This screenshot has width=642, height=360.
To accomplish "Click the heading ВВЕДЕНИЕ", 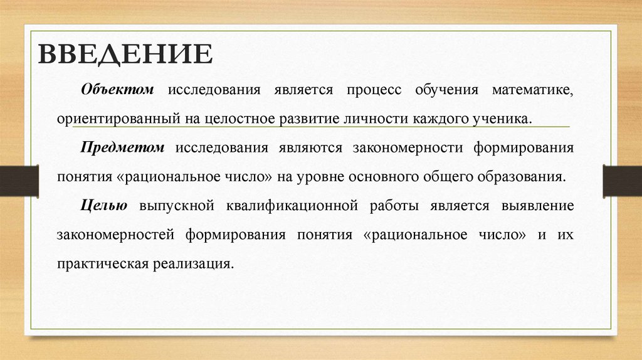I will pyautogui.click(x=125, y=54).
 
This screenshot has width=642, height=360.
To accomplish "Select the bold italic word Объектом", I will pyautogui.click(x=117, y=89).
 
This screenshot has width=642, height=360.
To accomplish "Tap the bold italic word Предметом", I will pyautogui.click(x=122, y=147).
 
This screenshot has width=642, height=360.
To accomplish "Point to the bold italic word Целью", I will pyautogui.click(x=104, y=205).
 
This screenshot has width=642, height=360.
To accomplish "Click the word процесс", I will pyautogui.click(x=374, y=89).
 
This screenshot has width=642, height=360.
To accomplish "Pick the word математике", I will pyautogui.click(x=532, y=89).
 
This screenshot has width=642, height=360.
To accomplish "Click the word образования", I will pyautogui.click(x=525, y=176).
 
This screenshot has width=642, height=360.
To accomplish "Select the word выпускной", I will pyautogui.click(x=177, y=205).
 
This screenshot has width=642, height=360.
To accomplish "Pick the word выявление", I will pyautogui.click(x=537, y=205).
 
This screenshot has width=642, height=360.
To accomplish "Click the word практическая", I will pyautogui.click(x=101, y=263).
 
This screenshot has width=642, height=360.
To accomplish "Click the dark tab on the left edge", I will pyautogui.click(x=19, y=179).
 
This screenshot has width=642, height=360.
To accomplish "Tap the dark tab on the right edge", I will pyautogui.click(x=623, y=179).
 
